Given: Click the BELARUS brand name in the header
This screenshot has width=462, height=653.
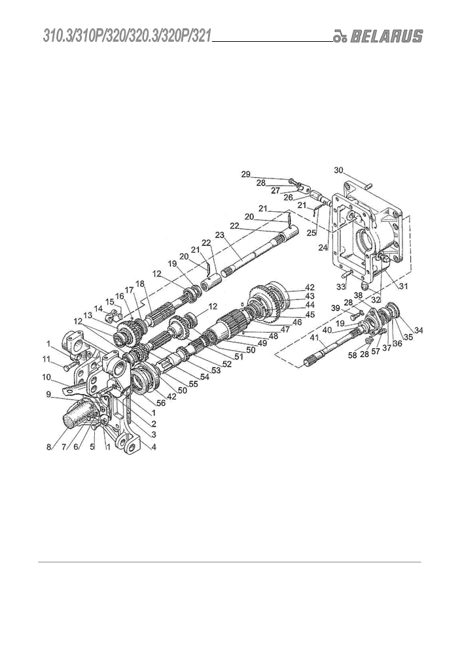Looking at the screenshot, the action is point(386,36).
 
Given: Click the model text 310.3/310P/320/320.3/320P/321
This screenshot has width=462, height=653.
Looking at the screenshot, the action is point(126,36).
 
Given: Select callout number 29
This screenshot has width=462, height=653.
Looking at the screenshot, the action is point(246,174).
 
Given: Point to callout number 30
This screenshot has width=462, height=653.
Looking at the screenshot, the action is point(338,169).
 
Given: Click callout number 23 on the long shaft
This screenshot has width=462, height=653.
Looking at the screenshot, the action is point(220,235).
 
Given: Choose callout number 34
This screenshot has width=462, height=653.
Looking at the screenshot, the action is point(419,330).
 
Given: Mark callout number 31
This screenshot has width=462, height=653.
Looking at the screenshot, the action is point(403,286).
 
